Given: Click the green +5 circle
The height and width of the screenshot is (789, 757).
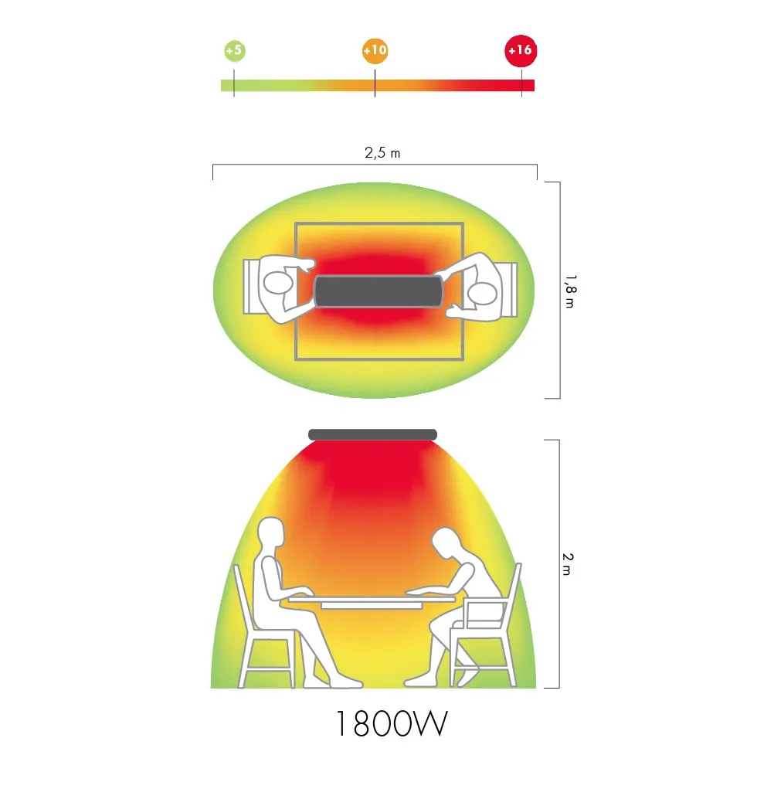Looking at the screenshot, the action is tap(234, 50).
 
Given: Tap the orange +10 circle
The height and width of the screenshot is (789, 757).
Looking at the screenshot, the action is tap(375, 50).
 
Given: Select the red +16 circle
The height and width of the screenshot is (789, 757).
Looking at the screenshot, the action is tap(521, 50).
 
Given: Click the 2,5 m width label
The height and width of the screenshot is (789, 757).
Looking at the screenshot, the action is tap(382, 152).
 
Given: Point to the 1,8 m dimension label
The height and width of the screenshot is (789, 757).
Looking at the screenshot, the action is tap(570, 291).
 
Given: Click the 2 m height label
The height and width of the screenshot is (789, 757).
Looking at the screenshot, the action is tap(568, 564).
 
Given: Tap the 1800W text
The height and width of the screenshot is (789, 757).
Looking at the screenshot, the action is tap(392, 724).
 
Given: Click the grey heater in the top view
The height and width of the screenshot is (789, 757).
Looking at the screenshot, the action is tap(378, 291).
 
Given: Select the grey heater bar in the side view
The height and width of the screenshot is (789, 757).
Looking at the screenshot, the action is tap(373, 435).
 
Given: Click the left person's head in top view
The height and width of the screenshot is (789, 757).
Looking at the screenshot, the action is tap(278, 284).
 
